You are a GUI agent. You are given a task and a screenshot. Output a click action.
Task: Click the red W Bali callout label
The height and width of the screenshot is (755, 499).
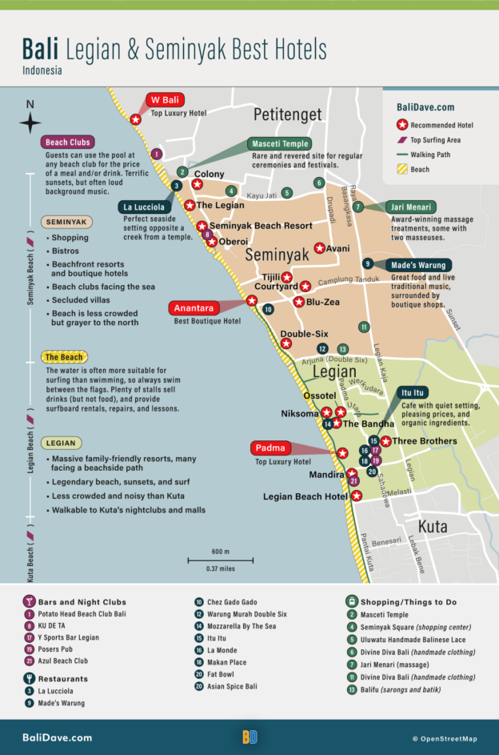(166, 100)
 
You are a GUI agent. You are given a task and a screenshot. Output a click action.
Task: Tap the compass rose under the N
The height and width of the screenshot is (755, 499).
(30, 123)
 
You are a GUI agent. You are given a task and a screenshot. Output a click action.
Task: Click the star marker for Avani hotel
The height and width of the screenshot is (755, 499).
(320, 248)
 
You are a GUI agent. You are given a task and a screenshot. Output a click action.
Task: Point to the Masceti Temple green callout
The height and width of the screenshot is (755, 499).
(281, 143)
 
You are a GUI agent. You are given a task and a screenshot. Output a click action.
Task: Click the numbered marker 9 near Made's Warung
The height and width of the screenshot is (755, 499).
(367, 263)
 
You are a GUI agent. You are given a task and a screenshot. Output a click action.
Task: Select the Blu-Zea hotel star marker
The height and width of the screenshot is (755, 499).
(298, 302)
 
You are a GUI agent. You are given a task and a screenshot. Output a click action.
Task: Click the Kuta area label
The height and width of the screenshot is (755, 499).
(433, 526)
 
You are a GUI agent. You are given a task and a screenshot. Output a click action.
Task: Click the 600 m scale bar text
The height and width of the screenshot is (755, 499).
(221, 552)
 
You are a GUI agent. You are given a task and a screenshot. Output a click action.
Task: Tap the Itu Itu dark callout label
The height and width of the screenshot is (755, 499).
(414, 392)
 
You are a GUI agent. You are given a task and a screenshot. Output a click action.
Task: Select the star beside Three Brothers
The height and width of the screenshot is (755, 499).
(385, 441)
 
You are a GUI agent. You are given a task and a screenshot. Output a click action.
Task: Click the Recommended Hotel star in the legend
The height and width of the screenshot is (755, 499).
(403, 125)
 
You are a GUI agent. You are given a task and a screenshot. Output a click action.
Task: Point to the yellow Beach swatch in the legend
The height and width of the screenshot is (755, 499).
(403, 169)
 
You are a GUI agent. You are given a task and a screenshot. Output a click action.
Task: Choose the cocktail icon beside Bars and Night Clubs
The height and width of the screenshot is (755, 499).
(29, 601)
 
